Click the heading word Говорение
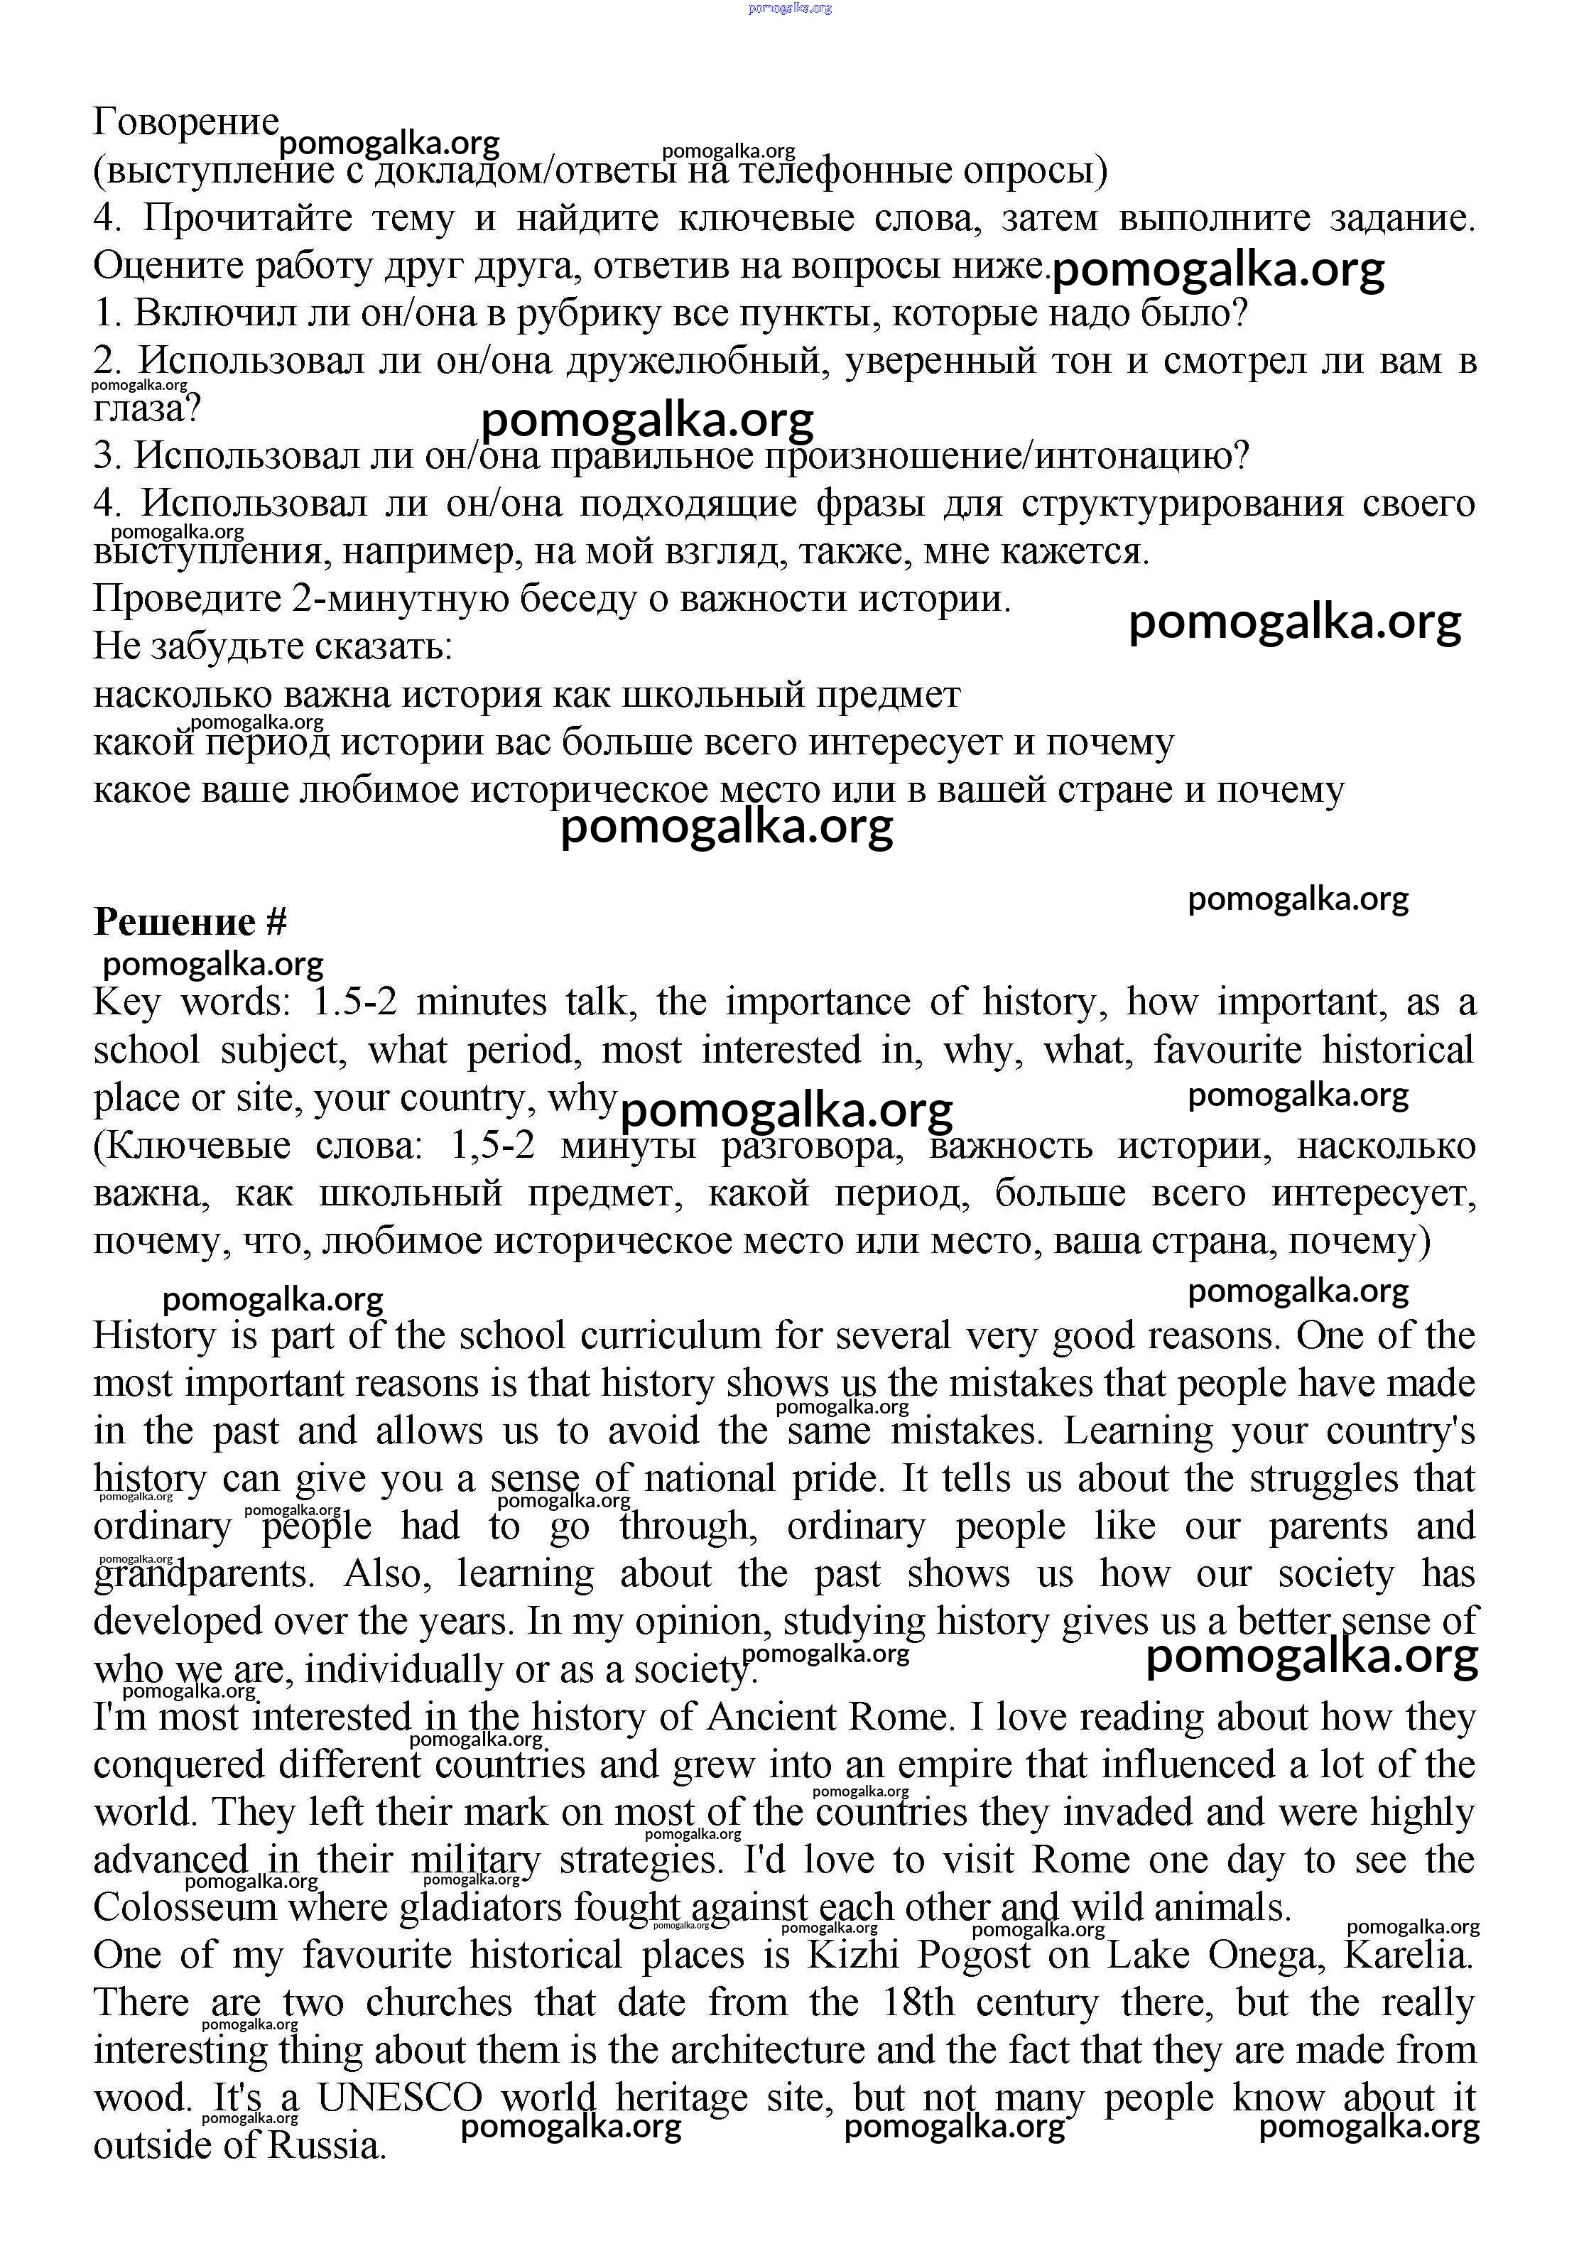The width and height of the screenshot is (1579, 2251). coord(186,123)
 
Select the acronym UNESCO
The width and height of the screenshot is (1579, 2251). coord(399,2097)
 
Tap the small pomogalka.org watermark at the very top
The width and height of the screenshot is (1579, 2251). coord(790,8)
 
